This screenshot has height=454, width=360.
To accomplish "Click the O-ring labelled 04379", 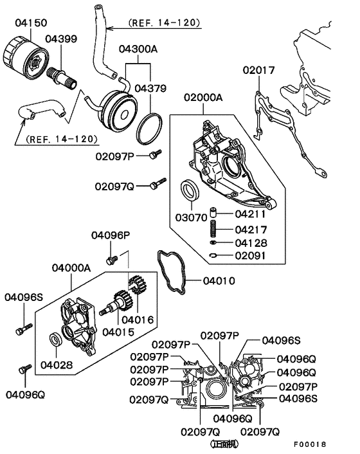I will (x=150, y=129).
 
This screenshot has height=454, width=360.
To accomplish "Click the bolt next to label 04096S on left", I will (x=20, y=331).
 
